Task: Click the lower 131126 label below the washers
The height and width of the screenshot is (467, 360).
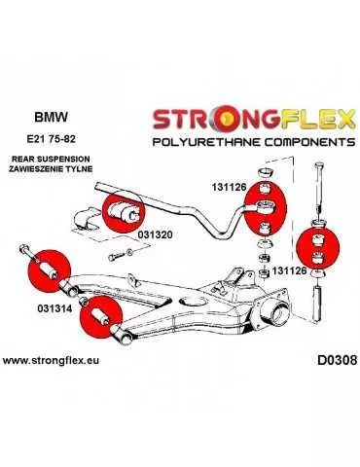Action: pos(290,271)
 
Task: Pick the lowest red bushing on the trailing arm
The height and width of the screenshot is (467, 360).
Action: pos(101,317)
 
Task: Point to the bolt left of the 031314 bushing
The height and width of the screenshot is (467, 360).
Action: pos(23,255)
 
